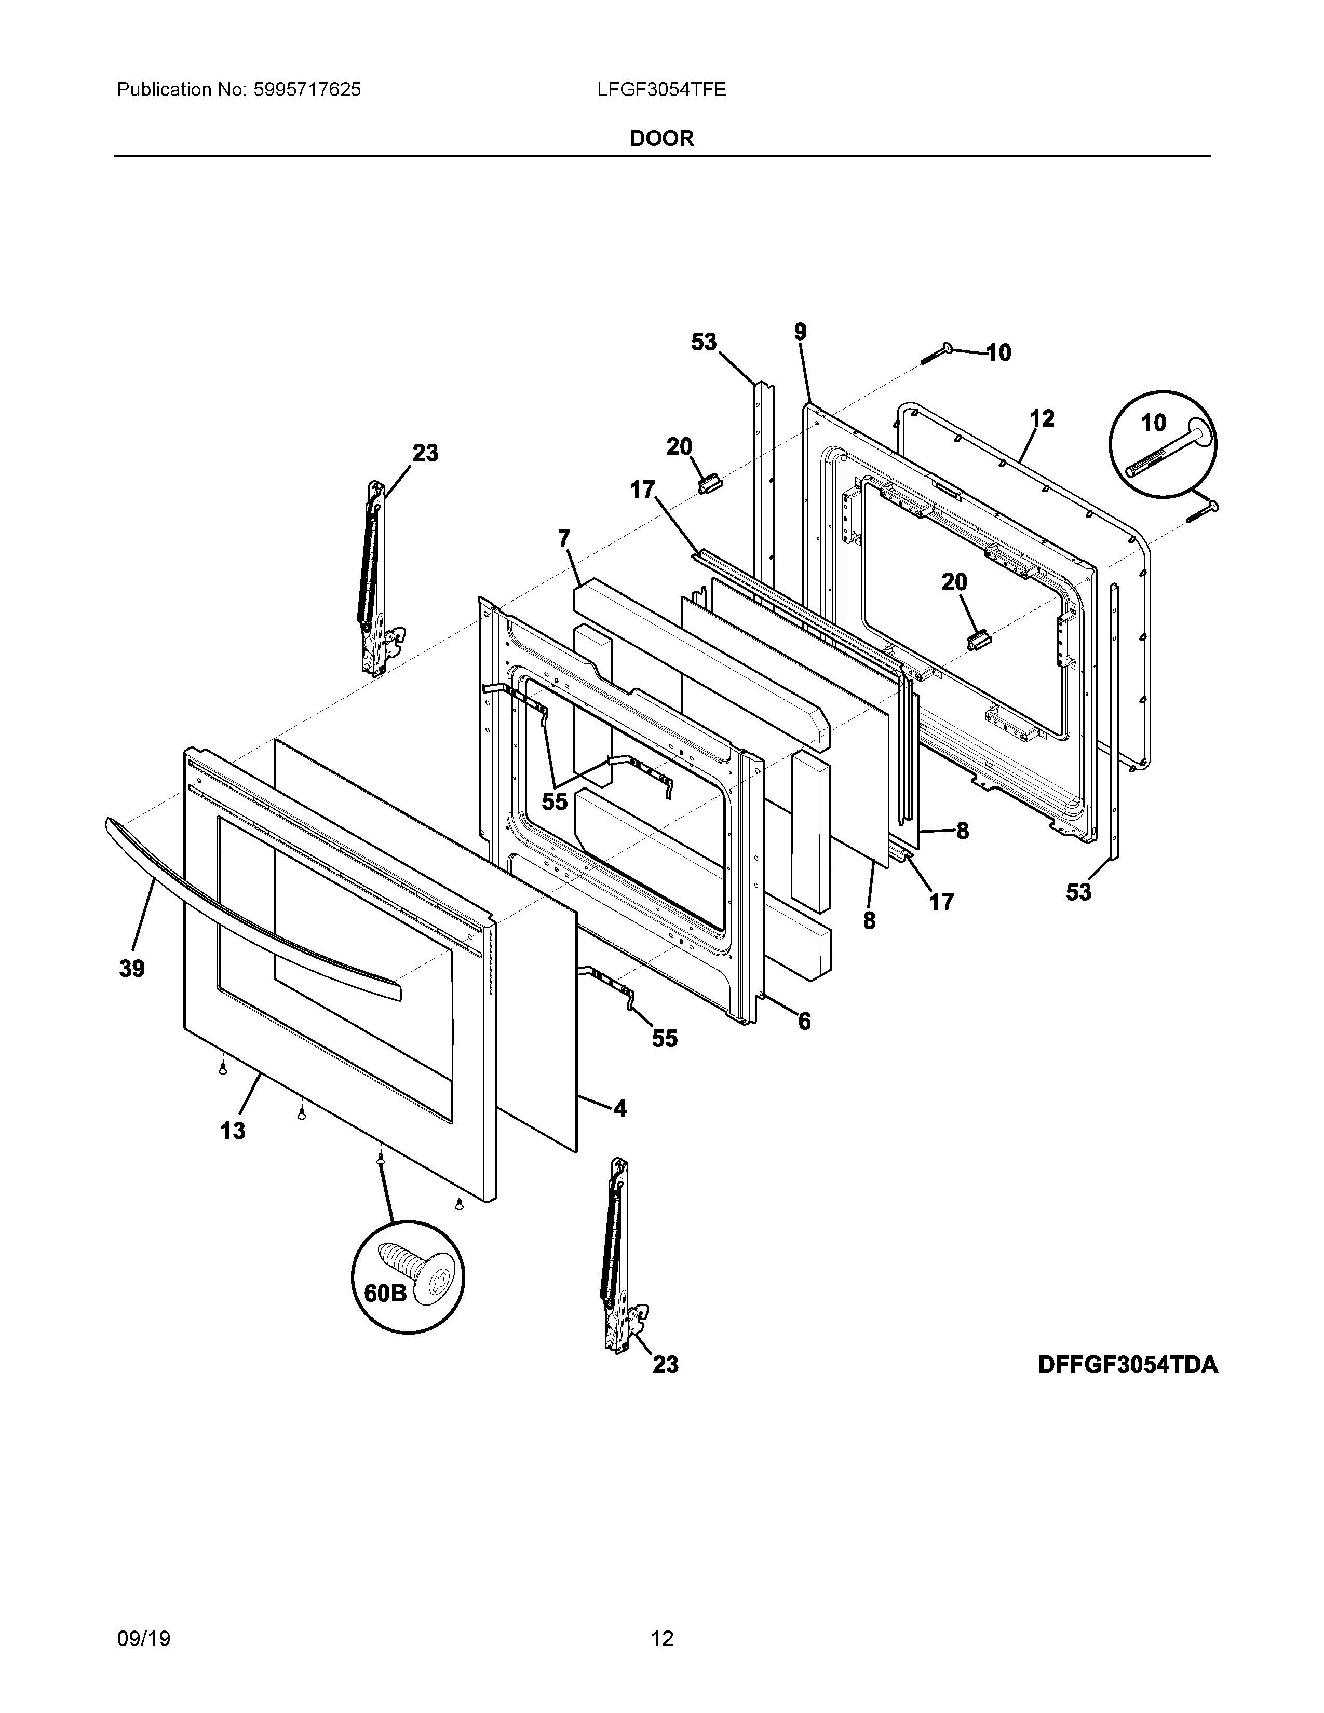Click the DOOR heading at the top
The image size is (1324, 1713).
click(x=662, y=139)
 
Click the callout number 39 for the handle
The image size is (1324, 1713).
click(x=132, y=969)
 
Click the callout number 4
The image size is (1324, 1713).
click(x=619, y=1108)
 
